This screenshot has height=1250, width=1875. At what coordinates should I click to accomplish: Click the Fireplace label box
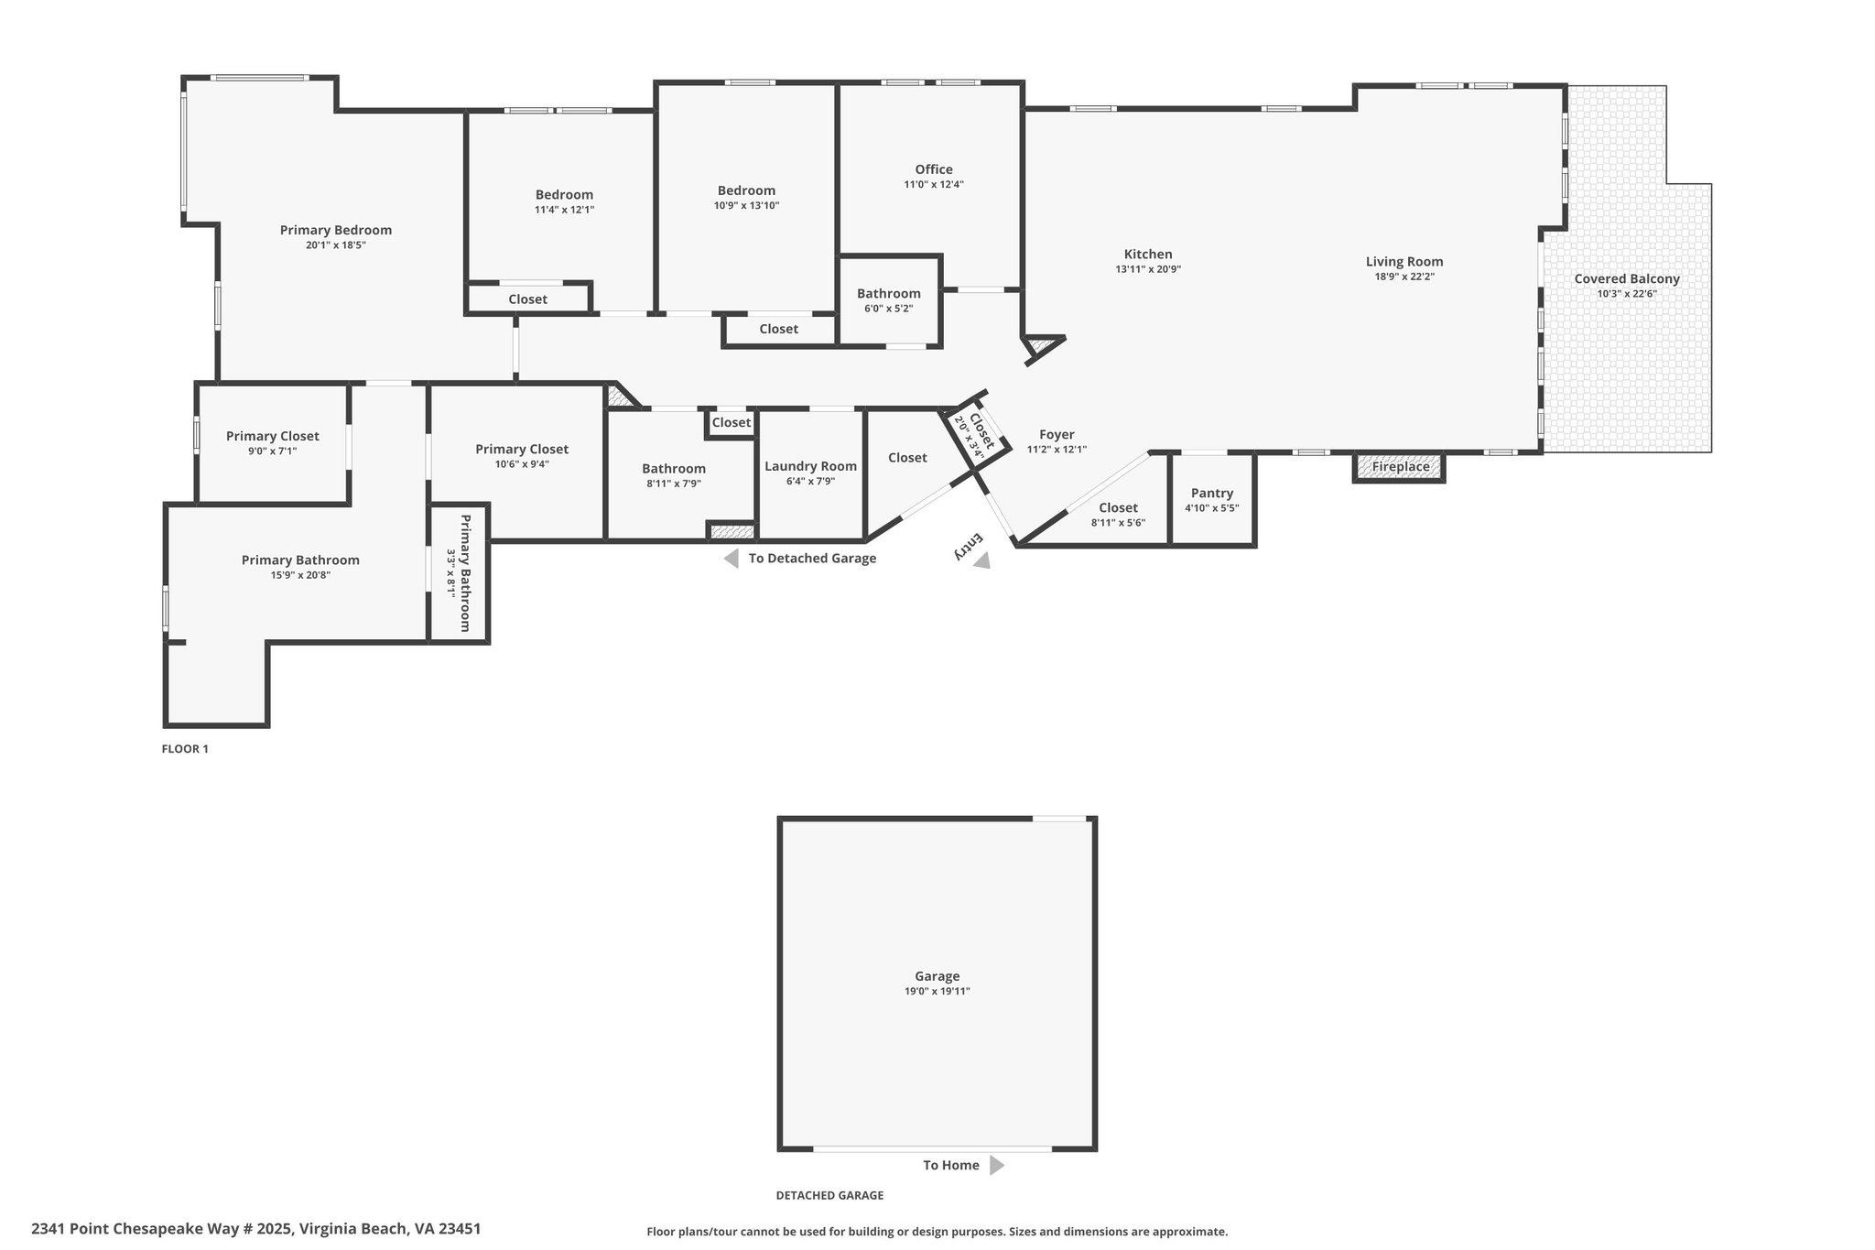tap(1400, 467)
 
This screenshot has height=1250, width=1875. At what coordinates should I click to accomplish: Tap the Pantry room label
tap(1212, 494)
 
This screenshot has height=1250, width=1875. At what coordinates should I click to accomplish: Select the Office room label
tap(934, 169)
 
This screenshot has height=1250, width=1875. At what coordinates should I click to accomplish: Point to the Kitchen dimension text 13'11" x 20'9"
tap(1148, 269)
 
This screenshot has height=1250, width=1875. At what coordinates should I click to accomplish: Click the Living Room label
tap(1404, 262)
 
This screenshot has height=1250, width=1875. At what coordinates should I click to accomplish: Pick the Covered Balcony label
tap(1627, 279)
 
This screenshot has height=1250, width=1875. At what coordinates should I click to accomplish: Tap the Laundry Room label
tap(811, 466)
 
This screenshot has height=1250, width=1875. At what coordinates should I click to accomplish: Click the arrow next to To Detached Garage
tap(731, 559)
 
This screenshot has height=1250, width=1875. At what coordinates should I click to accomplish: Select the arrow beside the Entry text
tap(981, 560)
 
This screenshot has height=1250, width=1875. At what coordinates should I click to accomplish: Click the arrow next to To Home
tap(997, 1166)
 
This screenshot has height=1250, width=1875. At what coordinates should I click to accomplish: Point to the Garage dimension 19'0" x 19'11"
tap(937, 991)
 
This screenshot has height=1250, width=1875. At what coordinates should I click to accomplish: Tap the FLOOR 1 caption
tap(185, 749)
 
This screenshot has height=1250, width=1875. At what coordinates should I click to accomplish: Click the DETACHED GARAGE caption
tap(829, 1195)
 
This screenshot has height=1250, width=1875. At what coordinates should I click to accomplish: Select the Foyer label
tap(1057, 435)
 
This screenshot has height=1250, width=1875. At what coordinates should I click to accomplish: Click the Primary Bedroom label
tap(336, 231)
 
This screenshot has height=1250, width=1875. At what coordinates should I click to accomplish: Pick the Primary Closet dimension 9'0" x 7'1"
tap(273, 451)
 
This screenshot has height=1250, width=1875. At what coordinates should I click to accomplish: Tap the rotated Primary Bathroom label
tap(465, 573)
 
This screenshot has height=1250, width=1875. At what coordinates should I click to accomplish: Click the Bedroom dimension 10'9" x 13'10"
tap(747, 205)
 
